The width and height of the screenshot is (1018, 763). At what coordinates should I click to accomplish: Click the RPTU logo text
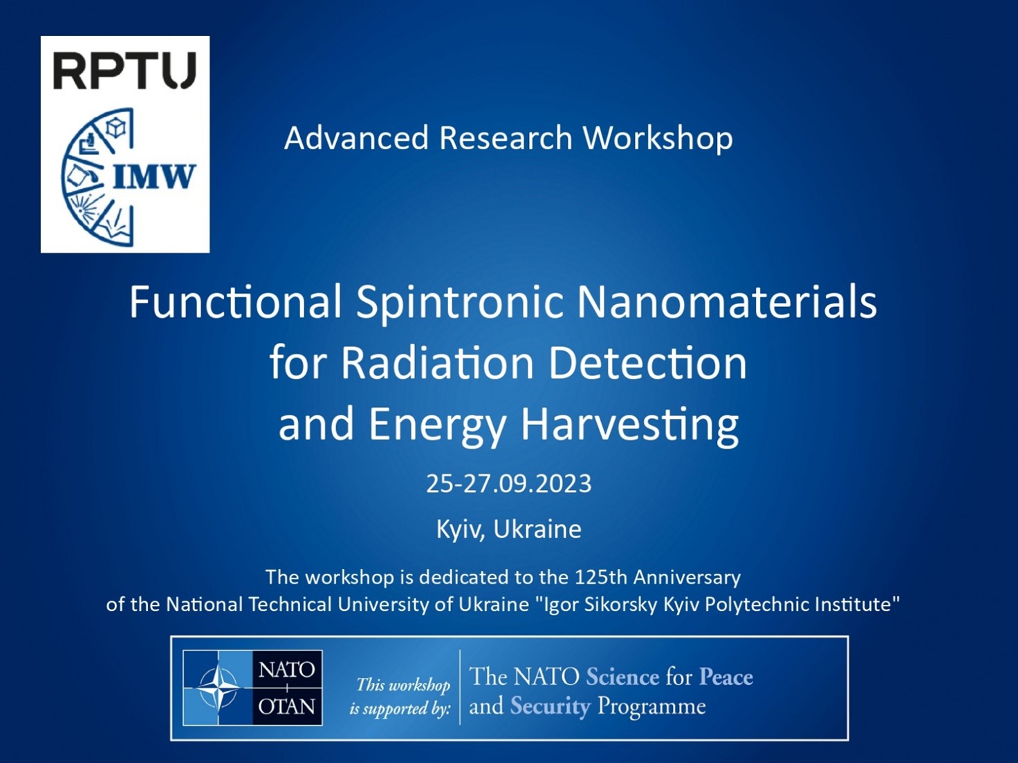coord(124,70)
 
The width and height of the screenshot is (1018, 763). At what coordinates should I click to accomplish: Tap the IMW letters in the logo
coord(153,177)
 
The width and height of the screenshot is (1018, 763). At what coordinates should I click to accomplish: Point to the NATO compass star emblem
coord(218,688)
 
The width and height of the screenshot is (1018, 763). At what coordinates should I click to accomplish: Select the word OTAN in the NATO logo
coord(287,707)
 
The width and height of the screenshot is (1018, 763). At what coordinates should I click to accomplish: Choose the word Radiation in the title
coord(437,364)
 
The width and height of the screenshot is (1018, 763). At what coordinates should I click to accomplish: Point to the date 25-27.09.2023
coord(509,484)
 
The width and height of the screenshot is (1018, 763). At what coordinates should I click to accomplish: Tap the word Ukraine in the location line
coord(537,529)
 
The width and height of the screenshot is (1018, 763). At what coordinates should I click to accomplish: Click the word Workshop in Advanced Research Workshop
coord(658,139)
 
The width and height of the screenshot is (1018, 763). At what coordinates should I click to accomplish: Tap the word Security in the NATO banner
coord(550,707)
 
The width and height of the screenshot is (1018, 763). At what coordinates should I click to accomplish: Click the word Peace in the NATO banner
coord(726,677)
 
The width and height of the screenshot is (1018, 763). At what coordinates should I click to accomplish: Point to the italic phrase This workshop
coord(403,685)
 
